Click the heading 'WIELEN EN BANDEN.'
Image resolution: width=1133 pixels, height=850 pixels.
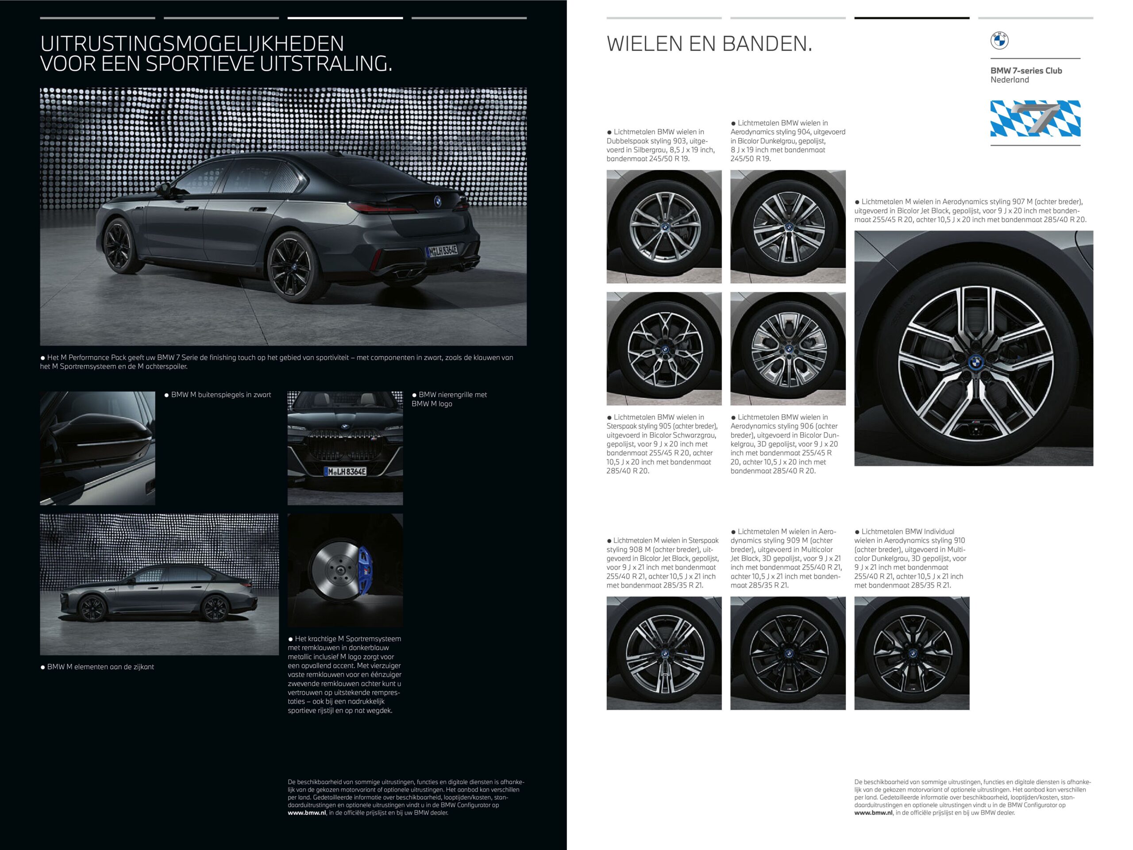[709, 44]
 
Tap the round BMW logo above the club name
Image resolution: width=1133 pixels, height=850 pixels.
[999, 40]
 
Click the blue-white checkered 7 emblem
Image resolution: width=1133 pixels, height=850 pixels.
[1035, 119]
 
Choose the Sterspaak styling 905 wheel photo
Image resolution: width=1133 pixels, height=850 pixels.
[664, 349]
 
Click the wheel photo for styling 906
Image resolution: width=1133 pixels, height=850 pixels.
[788, 349]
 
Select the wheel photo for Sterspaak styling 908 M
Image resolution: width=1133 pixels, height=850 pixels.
[664, 654]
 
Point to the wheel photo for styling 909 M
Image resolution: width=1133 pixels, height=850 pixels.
[788, 654]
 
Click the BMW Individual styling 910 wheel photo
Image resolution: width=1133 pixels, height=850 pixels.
[912, 654]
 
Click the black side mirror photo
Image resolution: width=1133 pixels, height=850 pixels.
[97, 449]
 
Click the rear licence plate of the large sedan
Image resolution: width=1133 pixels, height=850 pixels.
[442, 250]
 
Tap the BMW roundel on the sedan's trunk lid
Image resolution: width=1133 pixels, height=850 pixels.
[438, 201]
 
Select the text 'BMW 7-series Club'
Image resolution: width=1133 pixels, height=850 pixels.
[1026, 71]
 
